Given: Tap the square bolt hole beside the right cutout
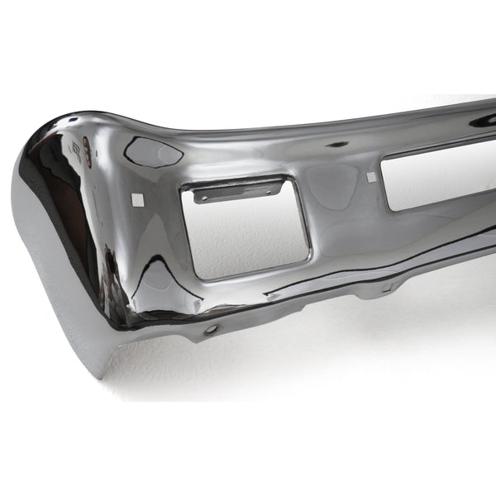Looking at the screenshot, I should (x=371, y=177).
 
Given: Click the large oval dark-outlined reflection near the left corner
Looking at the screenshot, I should (x=154, y=151).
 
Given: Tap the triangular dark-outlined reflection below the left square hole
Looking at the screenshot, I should (x=161, y=273).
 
